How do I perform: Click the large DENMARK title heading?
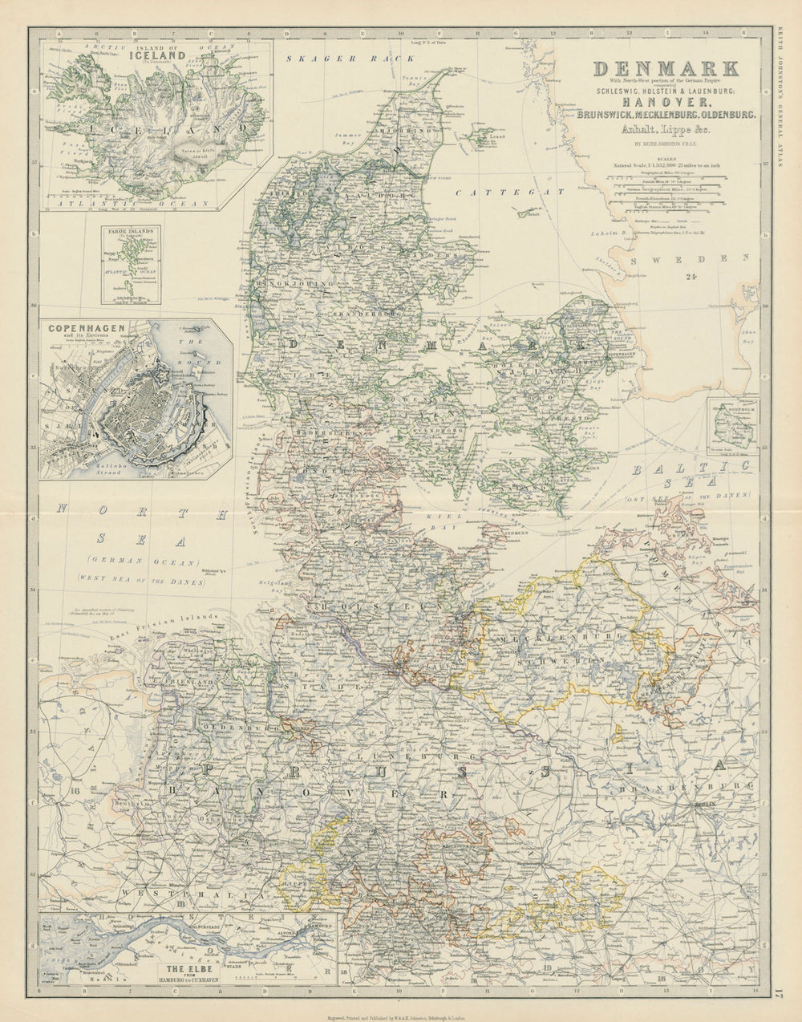[665, 68]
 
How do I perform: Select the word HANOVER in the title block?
[665, 102]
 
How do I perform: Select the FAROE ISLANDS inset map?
[130, 264]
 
